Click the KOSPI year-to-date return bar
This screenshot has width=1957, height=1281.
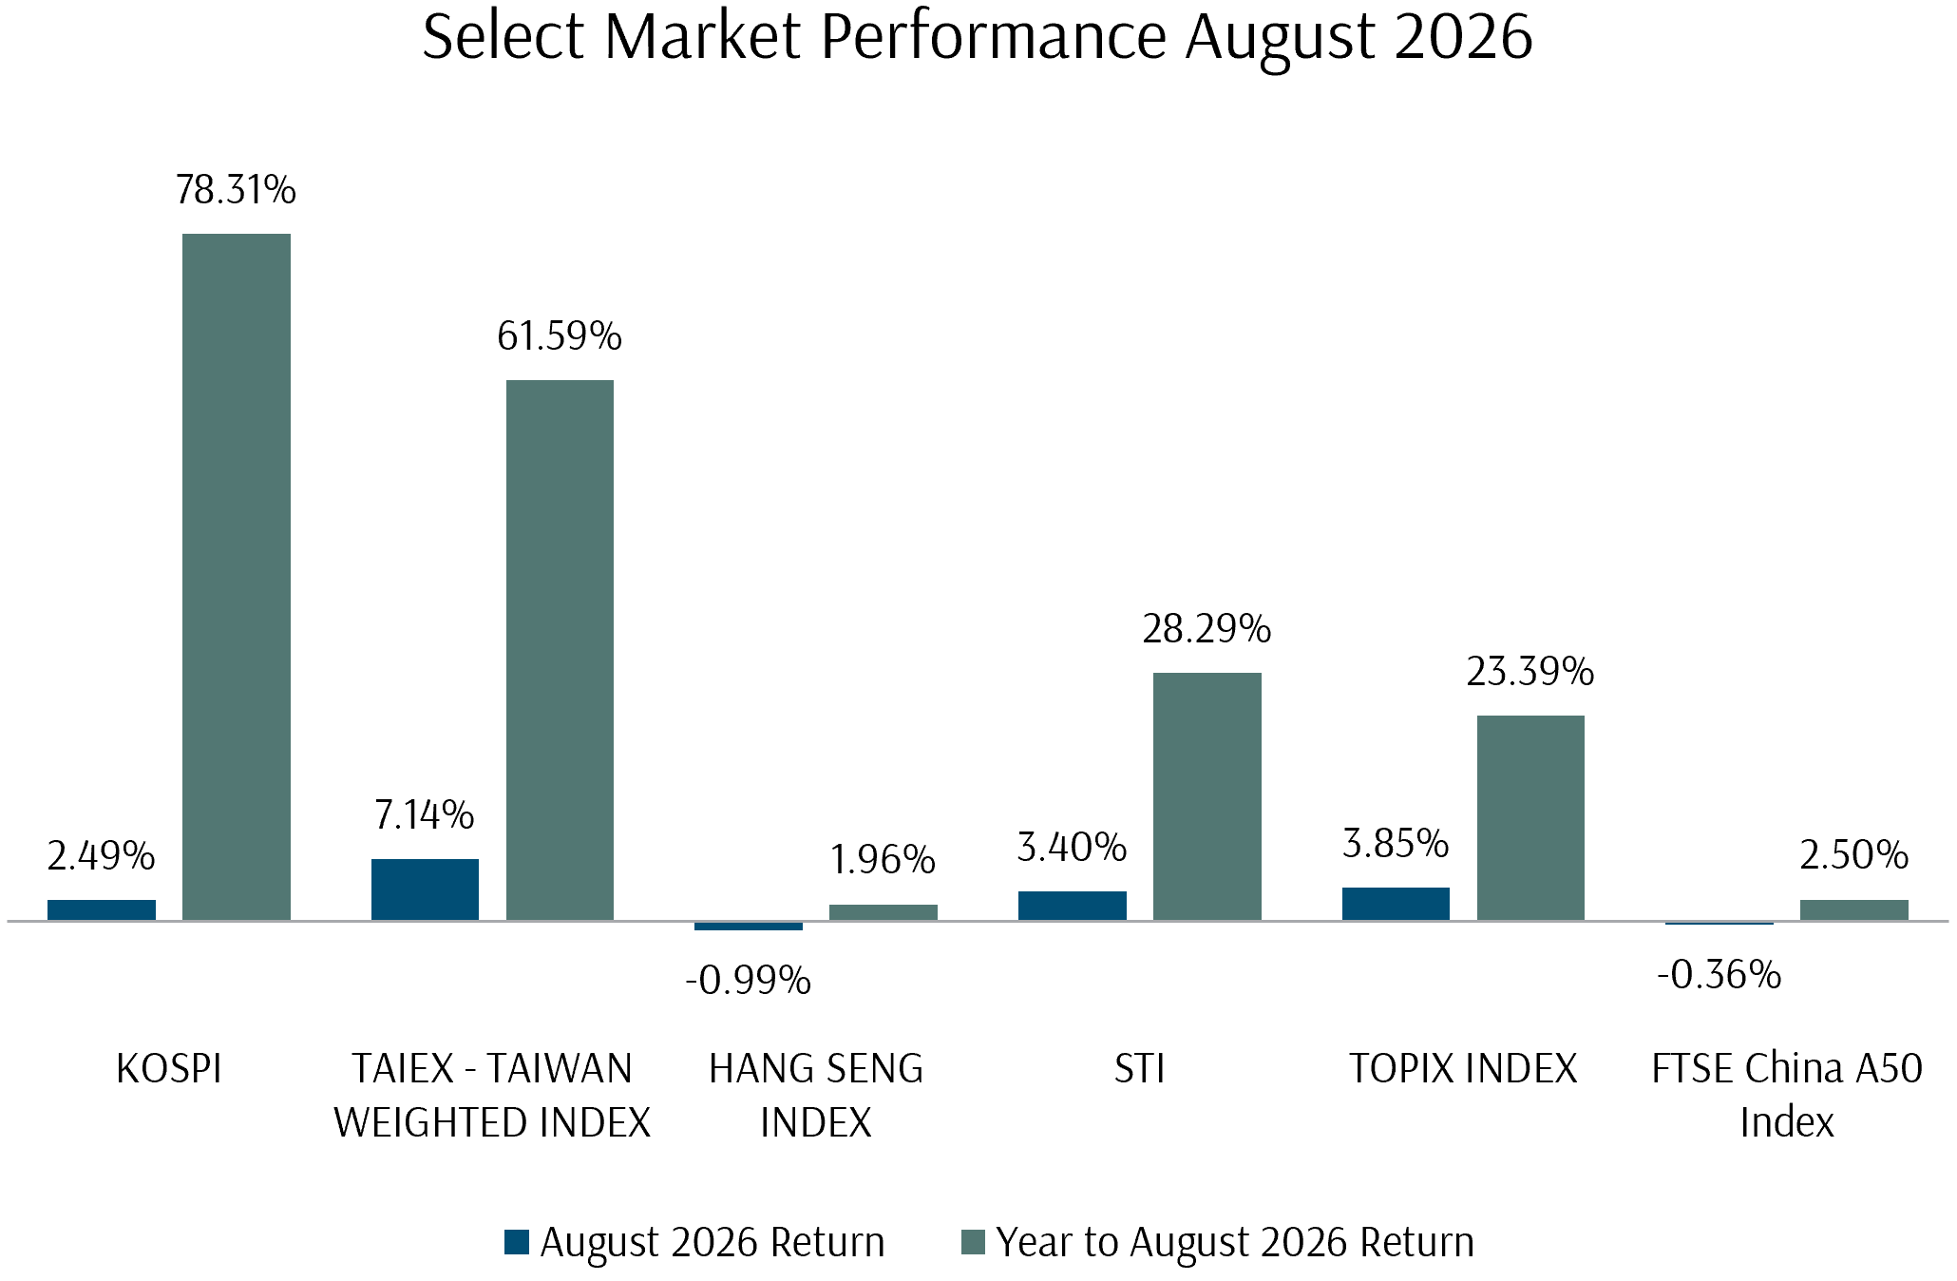click(x=237, y=577)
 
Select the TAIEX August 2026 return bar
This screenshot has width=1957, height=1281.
click(x=425, y=889)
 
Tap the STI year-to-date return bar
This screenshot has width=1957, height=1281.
click(x=1207, y=796)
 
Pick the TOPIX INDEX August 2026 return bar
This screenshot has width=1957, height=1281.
click(x=1396, y=904)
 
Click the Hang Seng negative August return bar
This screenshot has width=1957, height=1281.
click(x=749, y=926)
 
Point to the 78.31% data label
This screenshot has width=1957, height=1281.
click(x=236, y=190)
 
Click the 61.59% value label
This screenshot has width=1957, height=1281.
click(x=560, y=336)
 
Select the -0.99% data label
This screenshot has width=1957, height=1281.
click(x=749, y=980)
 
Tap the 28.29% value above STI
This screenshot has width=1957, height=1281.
click(x=1206, y=629)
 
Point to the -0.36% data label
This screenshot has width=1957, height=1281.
click(x=1719, y=974)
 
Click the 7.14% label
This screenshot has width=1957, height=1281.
click(x=425, y=815)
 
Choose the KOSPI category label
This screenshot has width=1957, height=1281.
click(x=169, y=1069)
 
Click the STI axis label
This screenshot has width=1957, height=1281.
click(x=1139, y=1069)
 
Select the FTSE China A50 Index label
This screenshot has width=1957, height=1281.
click(x=1787, y=1096)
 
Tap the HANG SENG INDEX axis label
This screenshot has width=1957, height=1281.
click(x=816, y=1096)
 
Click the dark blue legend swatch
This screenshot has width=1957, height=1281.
click(x=517, y=1242)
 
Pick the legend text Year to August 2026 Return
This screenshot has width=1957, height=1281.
click(x=1235, y=1242)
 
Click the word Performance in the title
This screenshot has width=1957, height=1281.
click(x=993, y=36)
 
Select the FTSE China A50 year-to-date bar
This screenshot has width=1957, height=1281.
click(x=1854, y=910)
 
